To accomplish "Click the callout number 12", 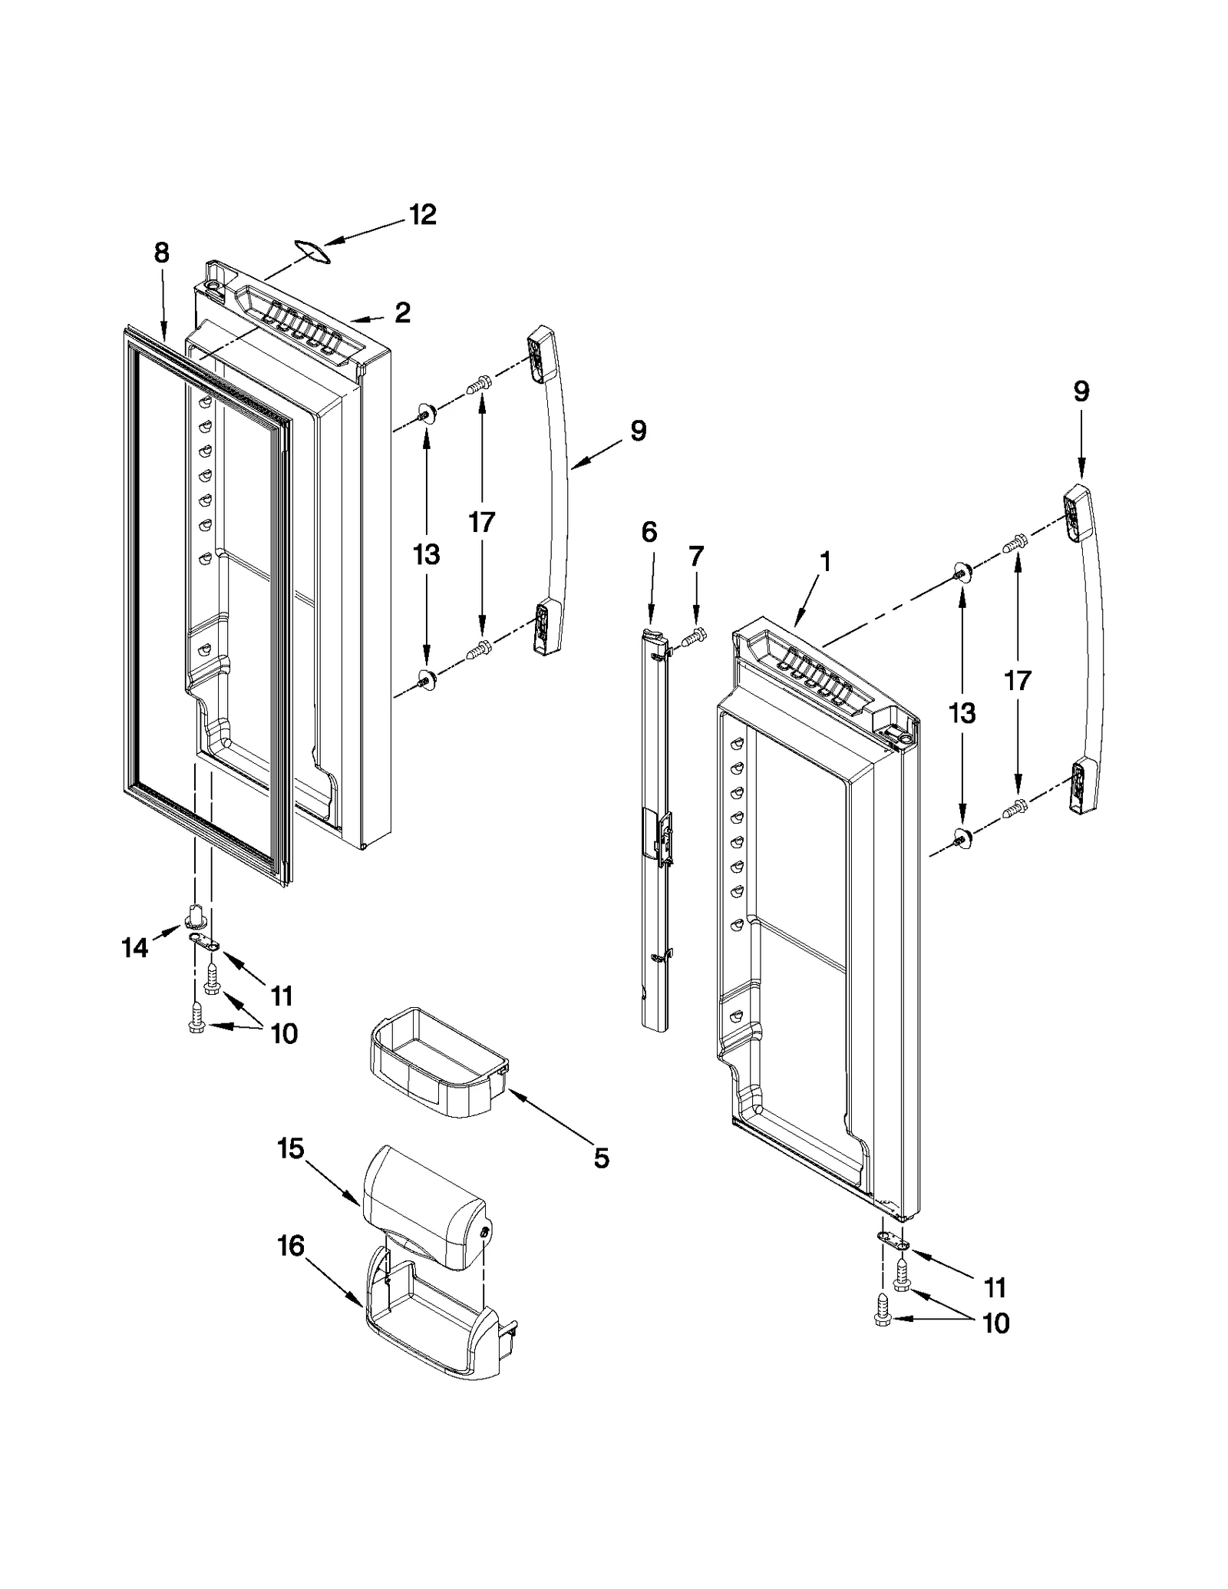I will click(421, 214).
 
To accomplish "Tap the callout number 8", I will click(161, 253).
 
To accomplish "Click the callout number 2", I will click(402, 312).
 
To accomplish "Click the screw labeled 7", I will click(694, 636).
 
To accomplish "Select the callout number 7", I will click(695, 556).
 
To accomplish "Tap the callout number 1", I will click(824, 562).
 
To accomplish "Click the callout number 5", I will click(601, 1158).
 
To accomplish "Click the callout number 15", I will click(291, 1149).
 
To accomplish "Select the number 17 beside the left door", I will click(481, 522).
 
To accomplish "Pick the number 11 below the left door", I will click(282, 996).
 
